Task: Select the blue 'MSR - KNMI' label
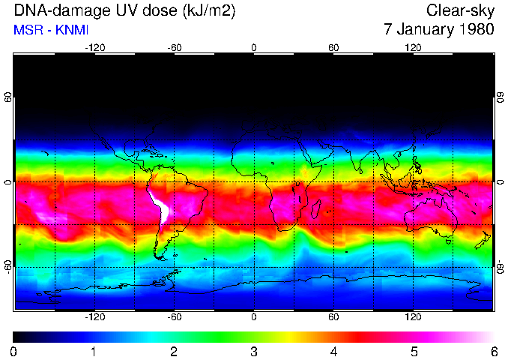pyautogui.click(x=47, y=30)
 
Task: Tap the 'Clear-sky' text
pyautogui.click(x=460, y=11)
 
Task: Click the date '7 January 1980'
pyautogui.click(x=438, y=30)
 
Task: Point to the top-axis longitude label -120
pyautogui.click(x=94, y=47)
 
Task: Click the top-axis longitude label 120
pyautogui.click(x=413, y=47)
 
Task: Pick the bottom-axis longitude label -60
pyautogui.click(x=174, y=316)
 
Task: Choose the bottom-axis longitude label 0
pyautogui.click(x=254, y=316)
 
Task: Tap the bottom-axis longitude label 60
pyautogui.click(x=333, y=316)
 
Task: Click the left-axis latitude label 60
pyautogui.click(x=8, y=97)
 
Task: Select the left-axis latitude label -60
pyautogui.click(x=8, y=266)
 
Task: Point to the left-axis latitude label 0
pyautogui.click(x=8, y=182)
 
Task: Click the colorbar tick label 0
pyautogui.click(x=14, y=351)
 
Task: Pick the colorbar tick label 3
pyautogui.click(x=253, y=351)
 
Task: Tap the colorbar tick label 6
pyautogui.click(x=493, y=351)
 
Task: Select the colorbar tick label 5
pyautogui.click(x=413, y=351)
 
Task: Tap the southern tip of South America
pyautogui.click(x=160, y=256)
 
